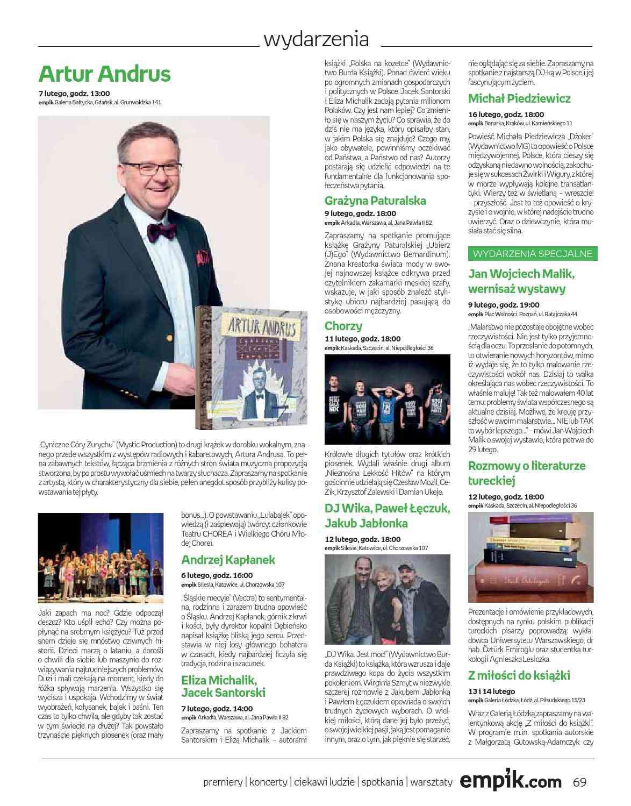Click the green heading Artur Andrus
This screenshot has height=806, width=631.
point(104,74)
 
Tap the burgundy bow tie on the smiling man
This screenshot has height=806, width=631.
point(161,231)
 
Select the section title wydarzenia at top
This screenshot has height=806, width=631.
point(316,39)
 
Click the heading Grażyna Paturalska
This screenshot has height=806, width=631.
point(375,201)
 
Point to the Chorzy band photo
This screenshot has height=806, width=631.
point(388,400)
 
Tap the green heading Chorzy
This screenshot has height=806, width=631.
point(343,326)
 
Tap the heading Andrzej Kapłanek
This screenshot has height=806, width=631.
point(228,560)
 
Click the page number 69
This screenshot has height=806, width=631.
point(579,781)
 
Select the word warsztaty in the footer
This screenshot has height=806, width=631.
point(431,782)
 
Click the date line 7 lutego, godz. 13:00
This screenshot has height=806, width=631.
point(74,93)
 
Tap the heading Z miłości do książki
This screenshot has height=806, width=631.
point(519,675)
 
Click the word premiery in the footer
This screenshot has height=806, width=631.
point(223,782)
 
